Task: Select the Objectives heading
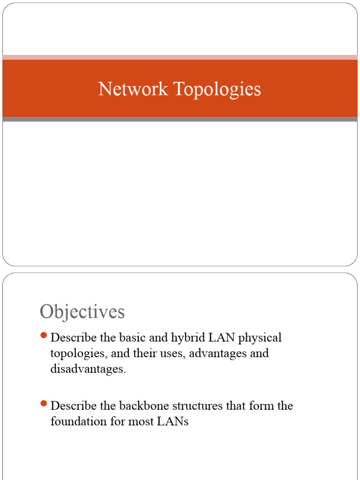tap(82, 312)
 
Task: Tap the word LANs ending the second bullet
tap(172, 421)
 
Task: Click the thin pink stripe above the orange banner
tap(180, 57)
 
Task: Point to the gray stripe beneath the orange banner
tap(180, 120)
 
